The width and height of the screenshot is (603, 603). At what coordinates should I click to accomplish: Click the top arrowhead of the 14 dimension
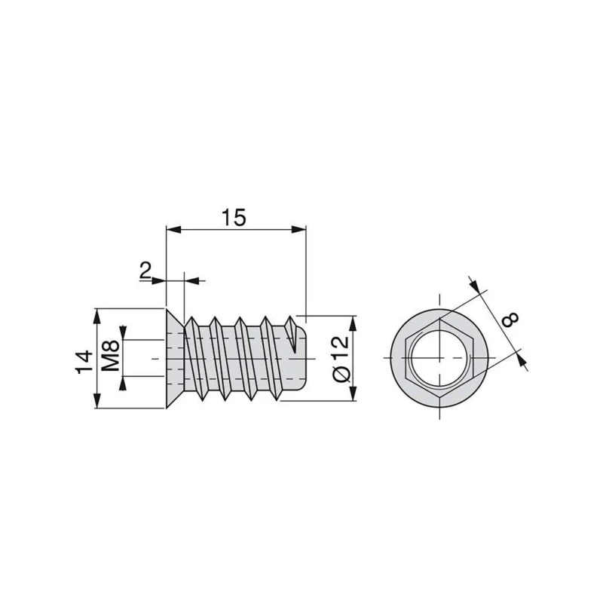pos(97,313)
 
